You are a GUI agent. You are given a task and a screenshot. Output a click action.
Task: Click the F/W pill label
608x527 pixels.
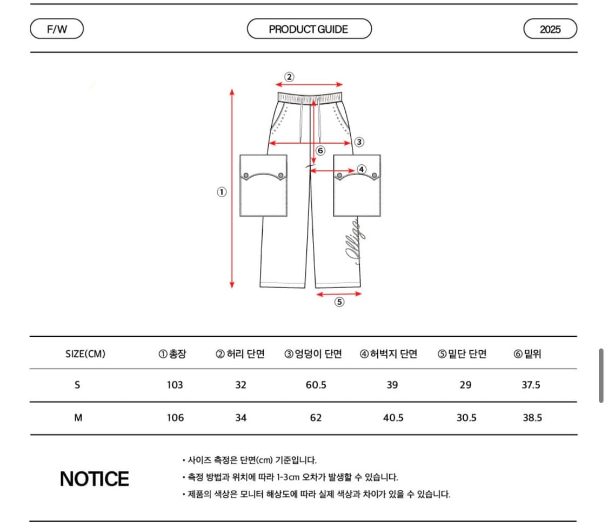(x=57, y=29)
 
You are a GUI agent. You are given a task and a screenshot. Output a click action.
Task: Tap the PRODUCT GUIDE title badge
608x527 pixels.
(x=309, y=29)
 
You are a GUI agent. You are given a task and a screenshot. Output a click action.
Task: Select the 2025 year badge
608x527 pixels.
(x=550, y=29)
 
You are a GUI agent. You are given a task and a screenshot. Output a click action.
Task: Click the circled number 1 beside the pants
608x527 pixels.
(x=222, y=192)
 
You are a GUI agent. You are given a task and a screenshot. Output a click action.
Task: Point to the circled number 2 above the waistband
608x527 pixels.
(x=289, y=76)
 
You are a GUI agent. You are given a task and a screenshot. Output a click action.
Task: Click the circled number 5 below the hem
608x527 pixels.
(x=339, y=302)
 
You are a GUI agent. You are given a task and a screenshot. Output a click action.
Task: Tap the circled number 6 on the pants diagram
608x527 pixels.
(x=320, y=151)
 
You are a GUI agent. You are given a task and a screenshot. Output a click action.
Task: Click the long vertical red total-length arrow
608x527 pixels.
(x=232, y=189)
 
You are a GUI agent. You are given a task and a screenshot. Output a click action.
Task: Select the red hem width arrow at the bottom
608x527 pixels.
(x=339, y=293)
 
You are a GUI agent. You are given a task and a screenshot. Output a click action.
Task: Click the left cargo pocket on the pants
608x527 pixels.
(x=263, y=185)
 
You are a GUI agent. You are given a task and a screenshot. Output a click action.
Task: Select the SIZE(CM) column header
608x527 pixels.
(x=85, y=354)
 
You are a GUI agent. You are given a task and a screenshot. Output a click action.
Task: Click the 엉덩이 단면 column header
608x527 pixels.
(x=313, y=354)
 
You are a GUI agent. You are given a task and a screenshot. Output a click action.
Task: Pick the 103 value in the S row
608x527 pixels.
(x=175, y=385)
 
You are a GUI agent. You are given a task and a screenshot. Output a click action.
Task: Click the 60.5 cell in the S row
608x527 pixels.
(x=316, y=385)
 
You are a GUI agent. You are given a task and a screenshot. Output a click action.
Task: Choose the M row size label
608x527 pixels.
(x=78, y=418)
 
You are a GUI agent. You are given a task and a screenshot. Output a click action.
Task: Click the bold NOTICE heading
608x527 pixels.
(x=95, y=479)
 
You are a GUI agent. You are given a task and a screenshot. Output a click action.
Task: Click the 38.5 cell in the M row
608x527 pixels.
(x=532, y=418)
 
